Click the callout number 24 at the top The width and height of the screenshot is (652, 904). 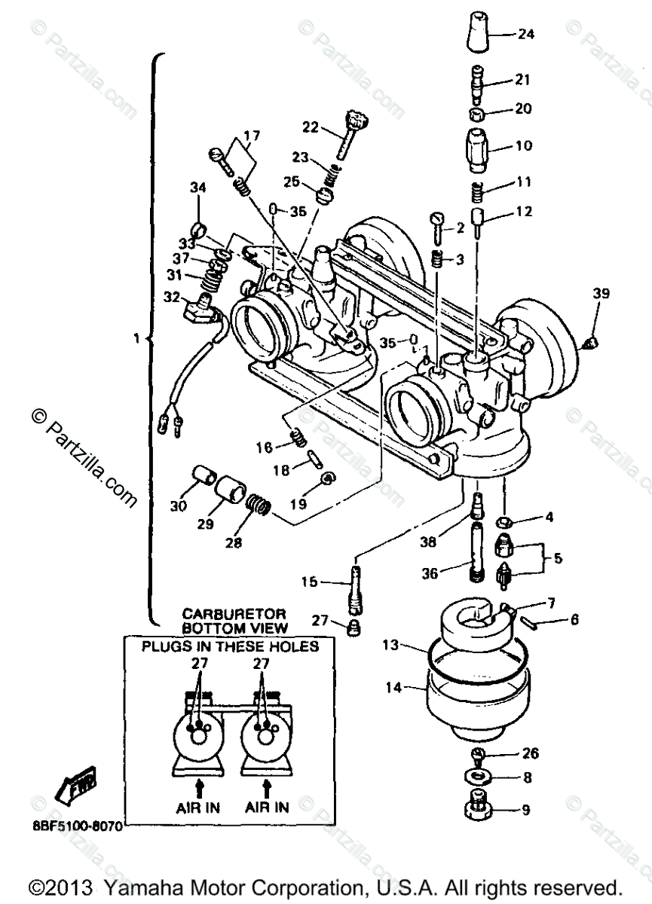(525, 34)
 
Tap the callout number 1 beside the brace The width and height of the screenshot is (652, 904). (136, 340)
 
